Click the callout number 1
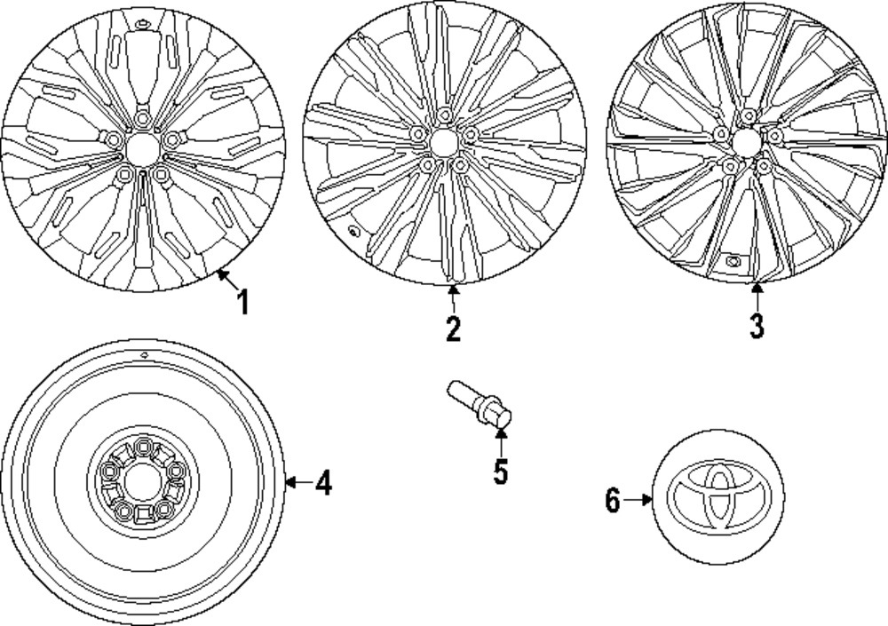click(242, 303)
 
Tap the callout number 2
click(453, 329)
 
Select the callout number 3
click(756, 325)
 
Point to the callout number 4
click(324, 484)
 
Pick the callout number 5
click(501, 471)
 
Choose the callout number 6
click(612, 501)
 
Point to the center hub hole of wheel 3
click(747, 140)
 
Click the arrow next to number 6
click(638, 501)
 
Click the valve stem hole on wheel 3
click(734, 261)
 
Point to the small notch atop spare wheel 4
click(142, 353)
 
